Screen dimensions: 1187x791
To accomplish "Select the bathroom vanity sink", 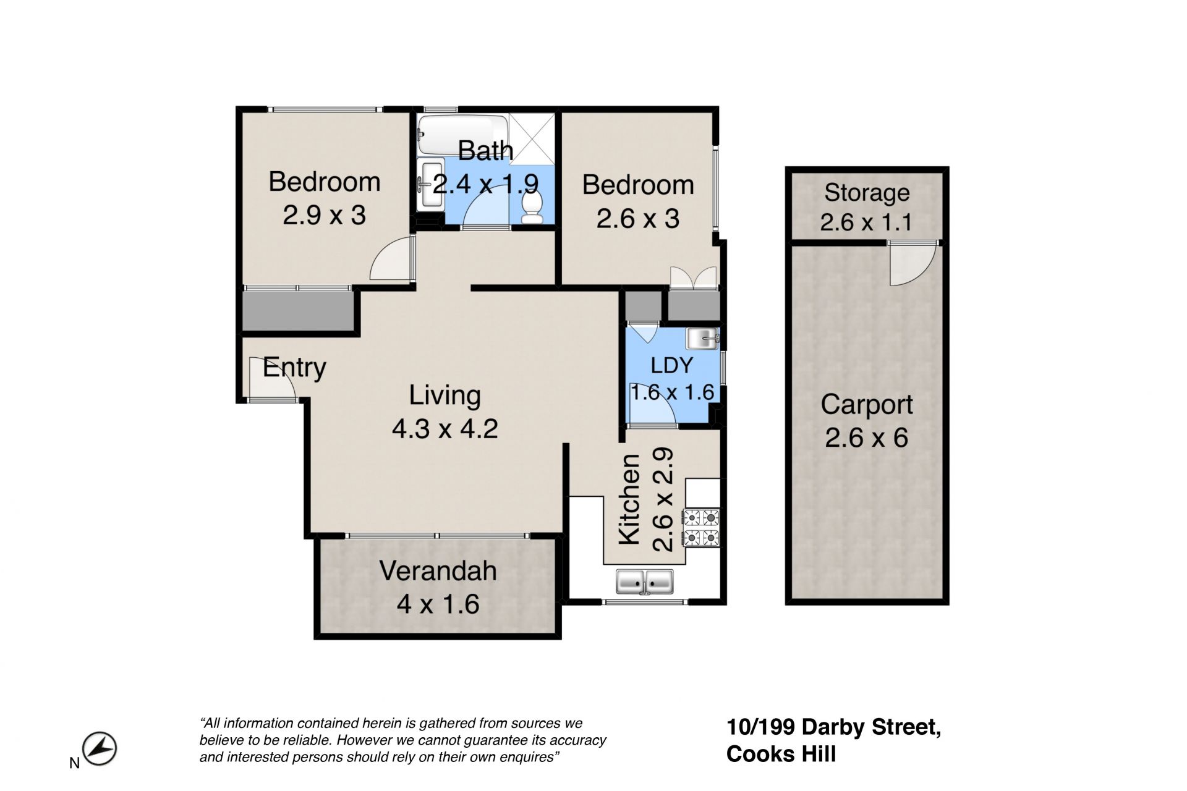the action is pyautogui.click(x=430, y=184).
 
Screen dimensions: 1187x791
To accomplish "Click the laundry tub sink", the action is pyautogui.click(x=702, y=339).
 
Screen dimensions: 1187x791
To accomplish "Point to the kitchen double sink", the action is pyautogui.click(x=644, y=582).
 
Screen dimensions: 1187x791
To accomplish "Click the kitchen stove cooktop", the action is pyautogui.click(x=701, y=528).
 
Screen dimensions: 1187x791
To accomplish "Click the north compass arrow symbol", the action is pyautogui.click(x=100, y=749).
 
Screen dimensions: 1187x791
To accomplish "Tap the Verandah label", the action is pyautogui.click(x=438, y=571).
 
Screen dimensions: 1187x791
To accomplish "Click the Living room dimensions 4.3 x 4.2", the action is pyautogui.click(x=445, y=428).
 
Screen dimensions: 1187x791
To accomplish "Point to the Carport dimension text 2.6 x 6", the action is pyautogui.click(x=866, y=438).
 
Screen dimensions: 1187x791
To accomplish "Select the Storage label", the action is pyautogui.click(x=867, y=193).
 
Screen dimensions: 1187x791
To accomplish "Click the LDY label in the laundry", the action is pyautogui.click(x=672, y=365).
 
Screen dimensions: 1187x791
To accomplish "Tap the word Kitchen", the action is pyautogui.click(x=629, y=499).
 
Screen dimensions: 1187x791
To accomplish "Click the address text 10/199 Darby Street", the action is pyautogui.click(x=834, y=727).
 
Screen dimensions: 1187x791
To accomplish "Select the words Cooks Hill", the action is pyautogui.click(x=781, y=754).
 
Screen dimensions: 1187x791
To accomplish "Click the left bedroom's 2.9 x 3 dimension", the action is pyautogui.click(x=325, y=216).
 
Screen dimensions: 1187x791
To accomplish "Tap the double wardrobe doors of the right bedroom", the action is pyautogui.click(x=694, y=277).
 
